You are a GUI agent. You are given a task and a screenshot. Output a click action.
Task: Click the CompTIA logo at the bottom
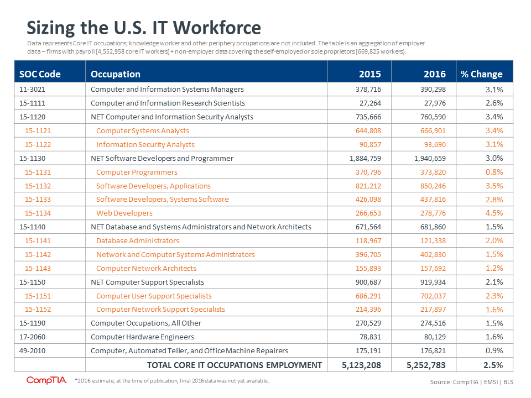(x=46, y=380)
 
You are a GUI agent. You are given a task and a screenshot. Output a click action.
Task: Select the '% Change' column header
(x=482, y=74)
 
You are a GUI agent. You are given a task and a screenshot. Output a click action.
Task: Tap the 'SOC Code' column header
(x=40, y=74)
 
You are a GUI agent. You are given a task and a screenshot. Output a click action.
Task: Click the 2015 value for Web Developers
(x=368, y=213)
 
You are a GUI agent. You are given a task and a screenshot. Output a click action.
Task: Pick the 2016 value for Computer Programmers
(x=433, y=172)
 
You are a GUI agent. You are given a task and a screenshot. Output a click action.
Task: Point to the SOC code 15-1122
(x=38, y=144)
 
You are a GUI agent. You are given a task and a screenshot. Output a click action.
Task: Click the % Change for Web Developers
(x=494, y=213)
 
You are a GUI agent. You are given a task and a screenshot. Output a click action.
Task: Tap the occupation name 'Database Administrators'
(x=138, y=240)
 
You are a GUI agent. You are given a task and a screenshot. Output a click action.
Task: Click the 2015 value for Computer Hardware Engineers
(x=370, y=337)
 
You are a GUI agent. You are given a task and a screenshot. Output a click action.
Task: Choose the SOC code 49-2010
(x=32, y=350)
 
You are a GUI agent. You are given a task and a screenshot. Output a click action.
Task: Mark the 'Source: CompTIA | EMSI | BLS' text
(x=471, y=382)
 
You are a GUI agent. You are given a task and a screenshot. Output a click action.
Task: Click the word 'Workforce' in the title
(x=217, y=28)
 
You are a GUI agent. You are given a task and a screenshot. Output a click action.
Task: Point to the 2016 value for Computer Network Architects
(x=433, y=269)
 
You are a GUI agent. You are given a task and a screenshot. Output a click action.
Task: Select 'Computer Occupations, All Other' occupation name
(x=146, y=323)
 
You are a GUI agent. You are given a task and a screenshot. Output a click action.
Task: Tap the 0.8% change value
(x=494, y=172)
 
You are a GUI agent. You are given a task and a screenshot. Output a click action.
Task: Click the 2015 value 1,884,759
(x=365, y=159)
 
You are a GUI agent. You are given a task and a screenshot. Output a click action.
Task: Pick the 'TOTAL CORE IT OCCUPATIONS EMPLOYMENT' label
(x=235, y=365)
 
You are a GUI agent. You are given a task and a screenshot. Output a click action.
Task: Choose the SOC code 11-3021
(x=32, y=90)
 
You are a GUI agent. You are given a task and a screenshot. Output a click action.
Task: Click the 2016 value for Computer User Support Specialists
(x=433, y=296)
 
